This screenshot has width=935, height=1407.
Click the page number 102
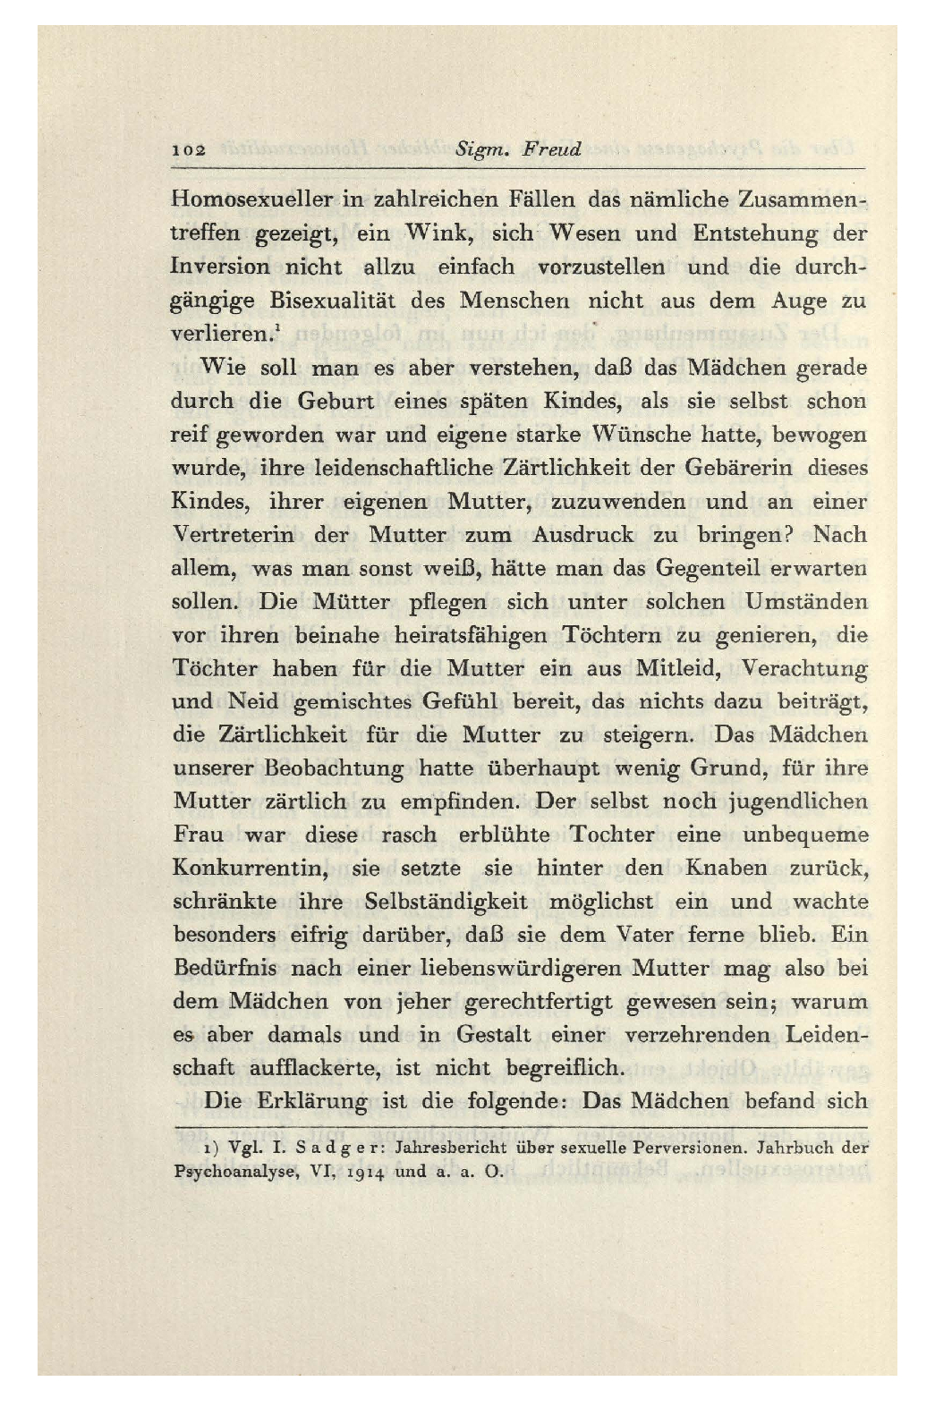click(x=189, y=149)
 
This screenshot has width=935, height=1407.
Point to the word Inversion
click(x=220, y=267)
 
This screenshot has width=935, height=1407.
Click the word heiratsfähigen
click(x=476, y=636)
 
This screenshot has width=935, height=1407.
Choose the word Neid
click(x=253, y=703)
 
